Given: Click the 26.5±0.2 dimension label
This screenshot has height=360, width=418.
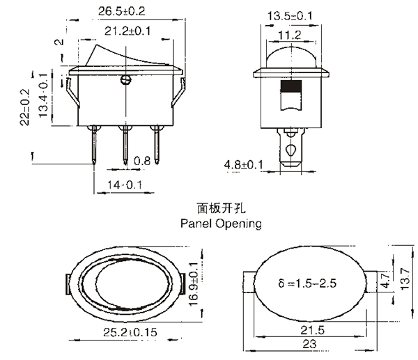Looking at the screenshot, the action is pyautogui.click(x=122, y=11).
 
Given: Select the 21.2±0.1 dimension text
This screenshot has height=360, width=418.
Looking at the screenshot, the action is pyautogui.click(x=127, y=31).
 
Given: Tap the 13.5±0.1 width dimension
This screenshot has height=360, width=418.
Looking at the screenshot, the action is pyautogui.click(x=290, y=16).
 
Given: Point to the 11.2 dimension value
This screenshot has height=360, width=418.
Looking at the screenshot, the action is pyautogui.click(x=290, y=36).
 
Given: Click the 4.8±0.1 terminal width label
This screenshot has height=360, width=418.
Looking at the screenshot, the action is pyautogui.click(x=244, y=164).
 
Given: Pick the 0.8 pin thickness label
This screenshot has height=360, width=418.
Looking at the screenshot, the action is pyautogui.click(x=142, y=161).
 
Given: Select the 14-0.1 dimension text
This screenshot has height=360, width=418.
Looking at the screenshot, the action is pyautogui.click(x=125, y=185).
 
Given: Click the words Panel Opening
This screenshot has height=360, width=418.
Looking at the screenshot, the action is pyautogui.click(x=221, y=224).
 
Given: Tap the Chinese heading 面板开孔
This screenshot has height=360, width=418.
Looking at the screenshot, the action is pyautogui.click(x=221, y=208).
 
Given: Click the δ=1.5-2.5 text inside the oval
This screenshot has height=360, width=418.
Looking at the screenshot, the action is pyautogui.click(x=307, y=283).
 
